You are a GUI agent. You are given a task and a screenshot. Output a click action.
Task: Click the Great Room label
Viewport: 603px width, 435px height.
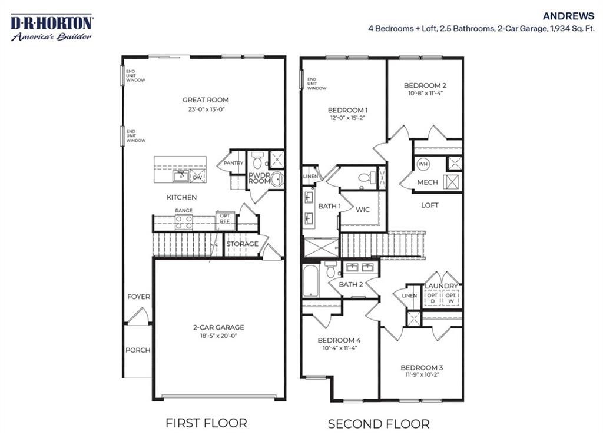click(x=206, y=100)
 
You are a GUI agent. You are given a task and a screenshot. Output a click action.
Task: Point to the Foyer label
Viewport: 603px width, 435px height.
click(x=139, y=297)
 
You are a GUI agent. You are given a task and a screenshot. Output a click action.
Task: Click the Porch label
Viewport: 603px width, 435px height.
click(x=138, y=350)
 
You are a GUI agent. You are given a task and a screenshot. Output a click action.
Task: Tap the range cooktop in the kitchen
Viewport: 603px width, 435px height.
click(x=184, y=221)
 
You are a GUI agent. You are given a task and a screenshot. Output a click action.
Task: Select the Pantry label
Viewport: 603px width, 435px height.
click(x=228, y=164)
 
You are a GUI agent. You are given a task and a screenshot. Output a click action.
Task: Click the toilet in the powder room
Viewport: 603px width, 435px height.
click(x=257, y=159)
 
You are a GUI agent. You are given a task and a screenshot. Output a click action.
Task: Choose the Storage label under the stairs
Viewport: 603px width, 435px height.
click(x=242, y=244)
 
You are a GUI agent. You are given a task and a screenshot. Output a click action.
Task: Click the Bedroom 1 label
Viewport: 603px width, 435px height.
click(x=348, y=110)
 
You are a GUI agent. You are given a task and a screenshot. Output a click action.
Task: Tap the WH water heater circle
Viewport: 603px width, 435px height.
click(x=423, y=164)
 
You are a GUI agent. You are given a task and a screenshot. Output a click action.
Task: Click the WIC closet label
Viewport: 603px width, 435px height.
click(x=363, y=210)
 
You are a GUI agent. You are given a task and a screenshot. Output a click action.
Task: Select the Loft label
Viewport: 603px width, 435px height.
click(x=429, y=205)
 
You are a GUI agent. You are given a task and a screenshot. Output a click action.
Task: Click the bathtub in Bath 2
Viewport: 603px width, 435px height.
click(x=310, y=281)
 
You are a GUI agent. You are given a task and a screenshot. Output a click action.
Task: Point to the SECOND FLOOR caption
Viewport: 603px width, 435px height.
click(x=378, y=423)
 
